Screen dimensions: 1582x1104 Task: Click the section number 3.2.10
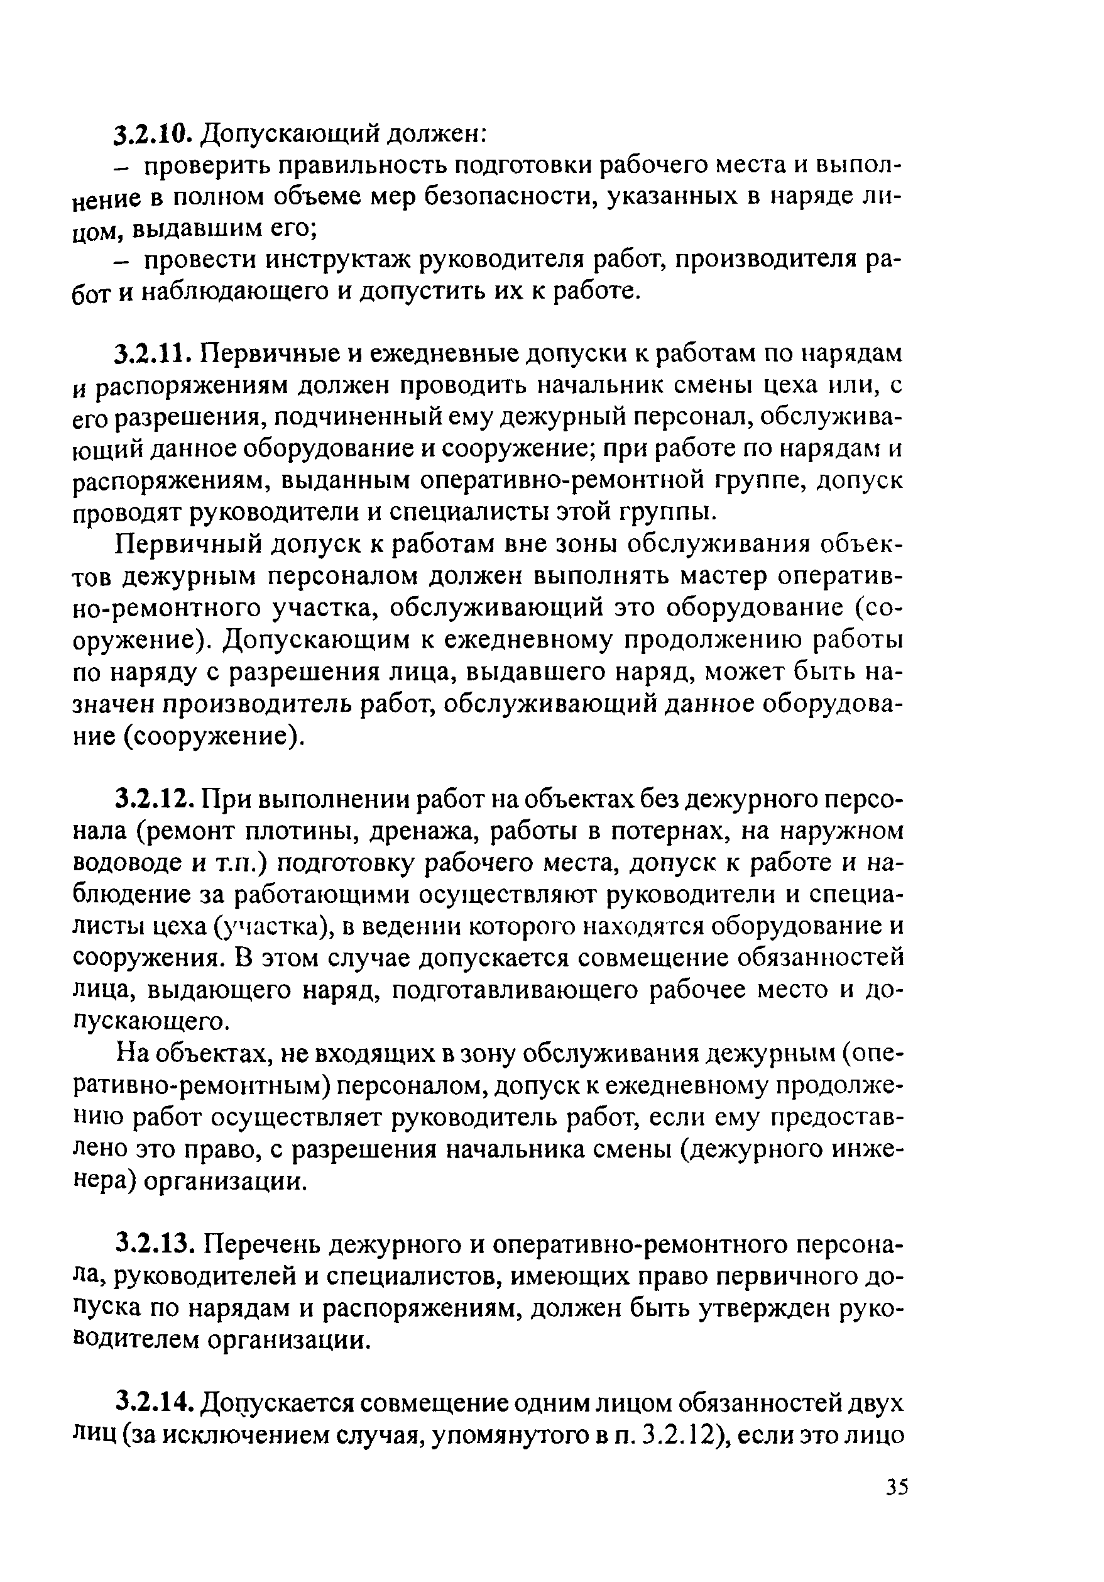pyautogui.click(x=151, y=133)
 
